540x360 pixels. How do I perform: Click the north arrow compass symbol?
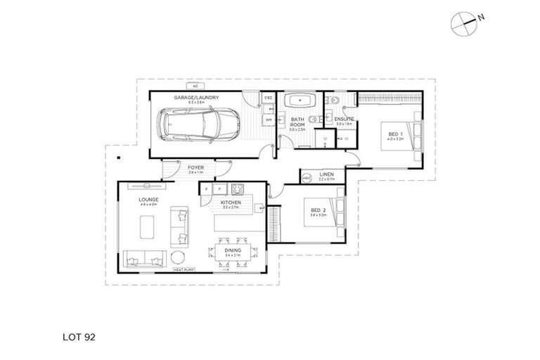[464, 22]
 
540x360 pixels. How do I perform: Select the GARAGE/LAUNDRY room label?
[198, 98]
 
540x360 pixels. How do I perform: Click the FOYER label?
[195, 168]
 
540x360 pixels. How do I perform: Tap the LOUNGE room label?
[148, 200]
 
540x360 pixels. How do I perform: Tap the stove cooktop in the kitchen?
[237, 188]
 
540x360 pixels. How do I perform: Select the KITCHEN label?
[232, 202]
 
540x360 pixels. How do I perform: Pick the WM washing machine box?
[268, 120]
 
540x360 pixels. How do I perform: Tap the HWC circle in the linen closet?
[307, 179]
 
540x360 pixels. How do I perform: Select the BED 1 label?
[393, 134]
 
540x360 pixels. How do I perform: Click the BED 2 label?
[318, 210]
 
